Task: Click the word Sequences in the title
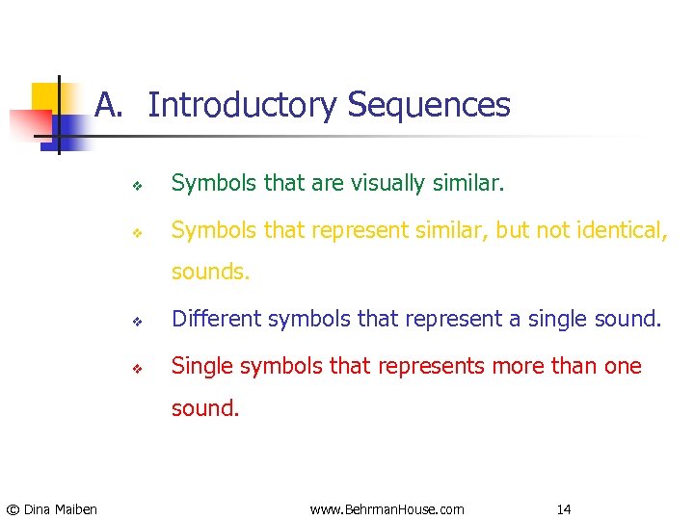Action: [429, 105]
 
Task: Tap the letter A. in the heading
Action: [109, 105]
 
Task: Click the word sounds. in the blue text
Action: [210, 273]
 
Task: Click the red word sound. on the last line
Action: [205, 408]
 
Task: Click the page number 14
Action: [564, 508]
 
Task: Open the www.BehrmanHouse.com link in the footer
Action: [387, 508]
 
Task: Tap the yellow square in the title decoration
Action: [45, 96]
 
